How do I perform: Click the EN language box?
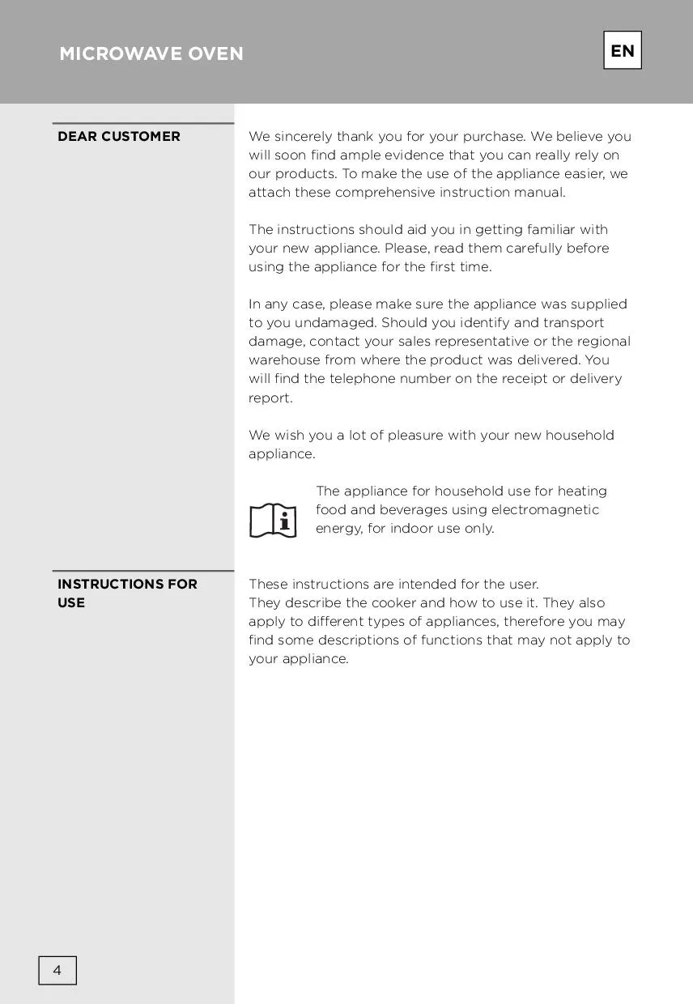tap(622, 51)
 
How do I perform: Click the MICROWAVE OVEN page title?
tap(151, 53)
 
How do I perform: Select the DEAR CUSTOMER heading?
tap(119, 136)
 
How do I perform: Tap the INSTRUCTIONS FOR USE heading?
tap(127, 593)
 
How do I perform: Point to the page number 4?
tap(57, 970)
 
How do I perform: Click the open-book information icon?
tap(273, 520)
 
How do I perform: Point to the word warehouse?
tap(284, 359)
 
